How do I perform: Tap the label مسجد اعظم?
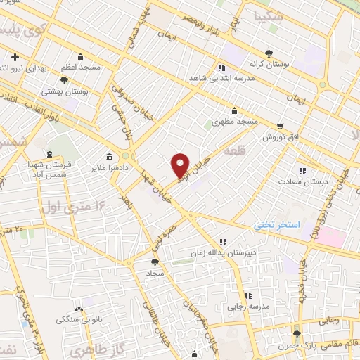(80, 67)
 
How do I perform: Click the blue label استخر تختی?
(278, 226)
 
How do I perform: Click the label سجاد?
(155, 271)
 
